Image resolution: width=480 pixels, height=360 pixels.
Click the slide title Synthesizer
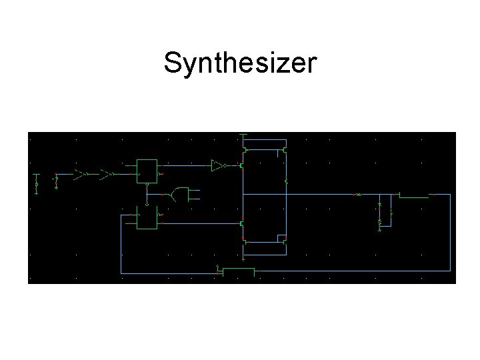240,63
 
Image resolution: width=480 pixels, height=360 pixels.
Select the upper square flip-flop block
147,171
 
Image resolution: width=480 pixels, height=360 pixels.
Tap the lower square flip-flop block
146,217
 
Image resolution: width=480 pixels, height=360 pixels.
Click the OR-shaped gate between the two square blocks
179,195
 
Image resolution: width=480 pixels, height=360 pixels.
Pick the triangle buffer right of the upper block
217,165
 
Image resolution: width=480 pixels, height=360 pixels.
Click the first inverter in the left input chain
79,174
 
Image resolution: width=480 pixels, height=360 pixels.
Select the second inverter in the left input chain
104,174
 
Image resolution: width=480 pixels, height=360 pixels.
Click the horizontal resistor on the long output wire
358,195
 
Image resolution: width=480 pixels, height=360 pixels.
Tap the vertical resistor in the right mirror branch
286,181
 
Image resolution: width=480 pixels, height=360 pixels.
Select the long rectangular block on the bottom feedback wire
238,271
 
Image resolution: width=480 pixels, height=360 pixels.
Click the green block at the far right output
413,195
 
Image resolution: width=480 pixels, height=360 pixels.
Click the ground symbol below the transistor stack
244,257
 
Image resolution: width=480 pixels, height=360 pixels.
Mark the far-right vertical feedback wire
450,233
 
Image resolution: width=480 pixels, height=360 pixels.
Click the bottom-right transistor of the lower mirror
285,241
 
